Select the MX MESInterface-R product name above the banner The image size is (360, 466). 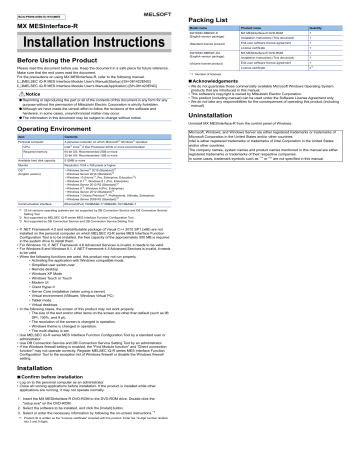[x=44, y=19]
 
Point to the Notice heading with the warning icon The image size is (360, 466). [x=29, y=102]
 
